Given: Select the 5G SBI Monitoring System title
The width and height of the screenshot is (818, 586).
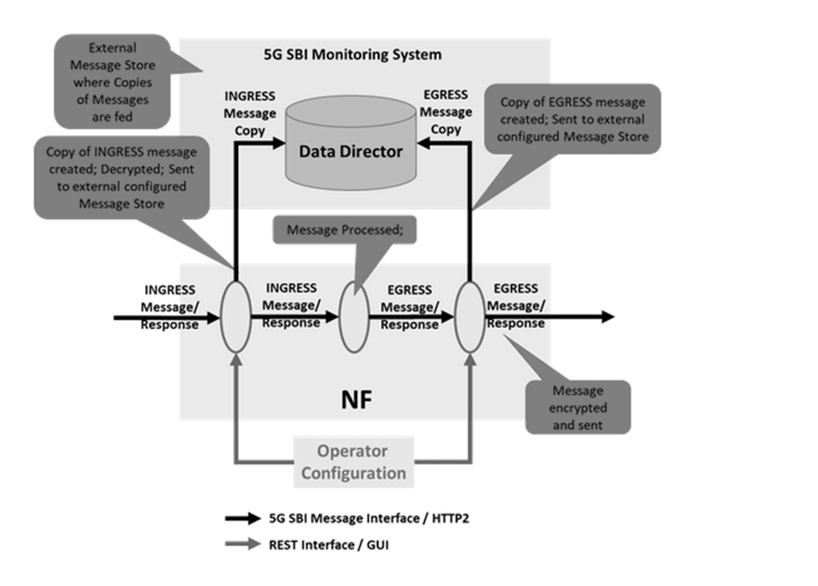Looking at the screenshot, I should [x=352, y=55].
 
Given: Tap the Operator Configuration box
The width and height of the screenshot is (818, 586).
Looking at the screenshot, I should [x=354, y=461].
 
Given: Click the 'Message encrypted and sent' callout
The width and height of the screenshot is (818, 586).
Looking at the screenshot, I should [x=578, y=407].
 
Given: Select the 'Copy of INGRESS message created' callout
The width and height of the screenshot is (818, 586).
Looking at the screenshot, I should [x=121, y=177].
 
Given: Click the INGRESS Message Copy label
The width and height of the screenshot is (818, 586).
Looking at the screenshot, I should [x=250, y=114].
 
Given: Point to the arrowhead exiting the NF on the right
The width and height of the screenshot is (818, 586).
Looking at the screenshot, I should [x=607, y=316].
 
